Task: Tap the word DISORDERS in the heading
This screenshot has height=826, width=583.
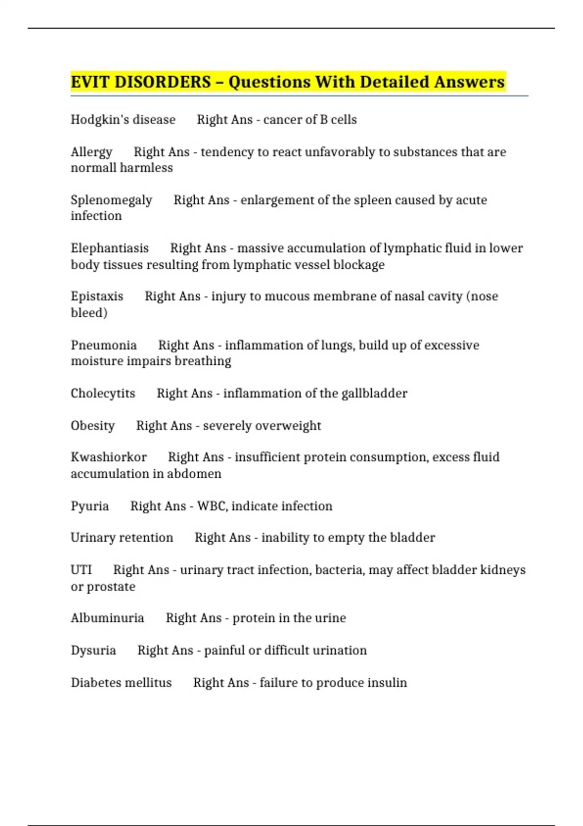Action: point(162,82)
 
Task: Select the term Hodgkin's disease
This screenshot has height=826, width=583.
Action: point(123,120)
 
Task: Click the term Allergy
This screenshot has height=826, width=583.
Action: point(91,152)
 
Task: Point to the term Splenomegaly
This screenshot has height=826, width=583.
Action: point(111,200)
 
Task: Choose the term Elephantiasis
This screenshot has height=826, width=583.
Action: point(110,248)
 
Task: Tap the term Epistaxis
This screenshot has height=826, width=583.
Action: point(97,296)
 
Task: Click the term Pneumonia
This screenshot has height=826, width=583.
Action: point(103,345)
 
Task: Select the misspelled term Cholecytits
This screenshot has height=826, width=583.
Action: point(103,393)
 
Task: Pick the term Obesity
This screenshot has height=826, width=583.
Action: point(93,426)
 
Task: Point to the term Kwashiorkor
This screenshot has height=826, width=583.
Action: point(108,457)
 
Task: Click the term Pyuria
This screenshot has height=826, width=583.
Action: point(90,506)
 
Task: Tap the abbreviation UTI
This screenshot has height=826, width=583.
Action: point(81,569)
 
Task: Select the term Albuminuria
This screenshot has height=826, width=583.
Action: point(107,618)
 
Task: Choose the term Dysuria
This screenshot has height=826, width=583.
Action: point(93,650)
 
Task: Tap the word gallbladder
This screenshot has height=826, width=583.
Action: point(374,393)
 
